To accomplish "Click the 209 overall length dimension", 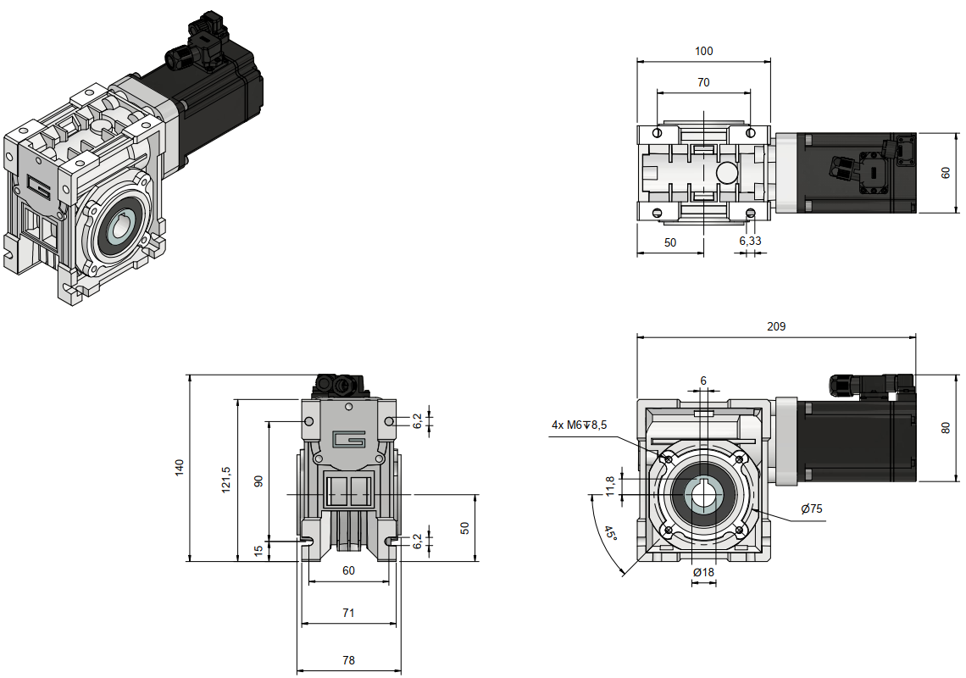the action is click(776, 326).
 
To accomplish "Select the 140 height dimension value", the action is click(180, 467).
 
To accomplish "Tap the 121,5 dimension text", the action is click(226, 479).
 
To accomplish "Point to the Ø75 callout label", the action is click(812, 508).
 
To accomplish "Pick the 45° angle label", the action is click(610, 532).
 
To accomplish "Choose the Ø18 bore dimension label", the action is click(703, 572).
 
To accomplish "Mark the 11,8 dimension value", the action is click(610, 486).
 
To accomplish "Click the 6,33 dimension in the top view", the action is click(751, 241).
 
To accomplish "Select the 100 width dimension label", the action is click(703, 51).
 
